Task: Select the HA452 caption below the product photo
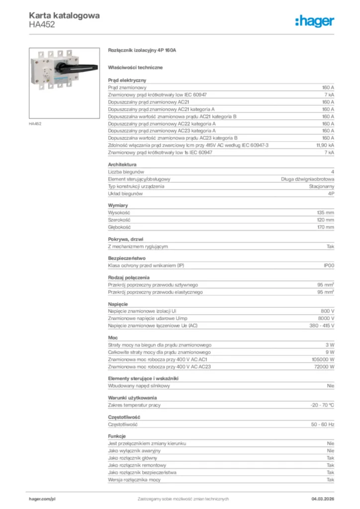click(x=35, y=124)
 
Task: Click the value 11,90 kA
click(x=325, y=145)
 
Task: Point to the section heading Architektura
click(x=122, y=164)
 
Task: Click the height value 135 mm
click(x=326, y=212)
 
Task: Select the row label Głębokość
click(x=119, y=227)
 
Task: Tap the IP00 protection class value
click(x=329, y=266)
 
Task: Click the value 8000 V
click(x=326, y=318)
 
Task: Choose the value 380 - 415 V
click(x=322, y=326)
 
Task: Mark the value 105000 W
click(x=323, y=359)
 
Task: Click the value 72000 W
click(x=324, y=367)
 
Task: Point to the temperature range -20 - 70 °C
click(x=322, y=406)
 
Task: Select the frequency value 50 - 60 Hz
click(x=323, y=424)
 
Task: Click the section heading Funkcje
click(x=117, y=436)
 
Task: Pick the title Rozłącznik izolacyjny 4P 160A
click(x=142, y=51)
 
